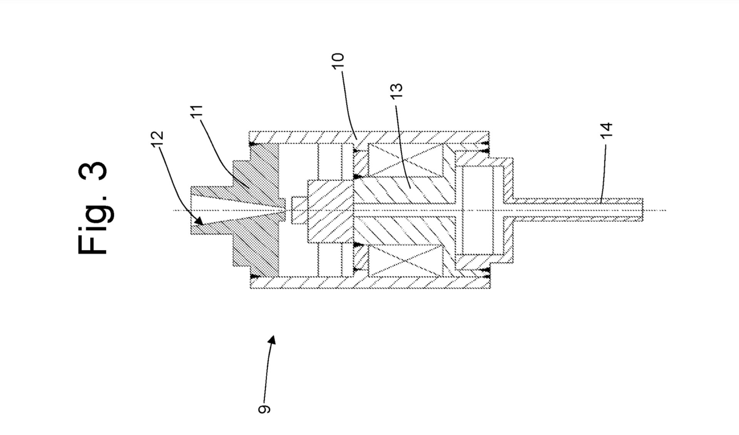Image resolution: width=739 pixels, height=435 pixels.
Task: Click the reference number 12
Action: [157, 137]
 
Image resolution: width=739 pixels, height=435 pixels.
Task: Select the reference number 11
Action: [197, 112]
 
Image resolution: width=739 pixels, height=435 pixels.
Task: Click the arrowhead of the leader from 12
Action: [199, 221]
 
